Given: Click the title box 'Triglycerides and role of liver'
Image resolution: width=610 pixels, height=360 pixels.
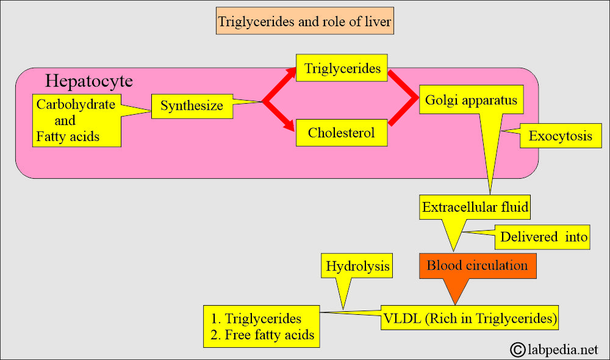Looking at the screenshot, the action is (x=304, y=21).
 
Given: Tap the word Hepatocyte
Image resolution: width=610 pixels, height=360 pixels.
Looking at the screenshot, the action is (x=89, y=81).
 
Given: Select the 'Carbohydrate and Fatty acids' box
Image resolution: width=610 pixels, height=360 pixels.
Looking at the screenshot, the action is (x=77, y=120).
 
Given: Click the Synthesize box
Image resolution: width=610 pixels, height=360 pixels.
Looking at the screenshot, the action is (x=192, y=106).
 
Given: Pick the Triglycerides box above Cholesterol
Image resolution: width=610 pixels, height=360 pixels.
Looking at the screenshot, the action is (x=342, y=68).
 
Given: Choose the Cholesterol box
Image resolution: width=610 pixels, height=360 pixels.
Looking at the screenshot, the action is (x=342, y=133).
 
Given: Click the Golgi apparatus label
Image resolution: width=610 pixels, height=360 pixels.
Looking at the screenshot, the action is (x=471, y=99).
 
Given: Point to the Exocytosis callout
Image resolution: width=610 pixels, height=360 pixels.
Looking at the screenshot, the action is (x=561, y=136).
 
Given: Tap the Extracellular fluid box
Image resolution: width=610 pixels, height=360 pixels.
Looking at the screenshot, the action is (x=475, y=207).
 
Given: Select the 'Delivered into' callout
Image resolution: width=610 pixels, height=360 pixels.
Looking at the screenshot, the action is (x=542, y=237).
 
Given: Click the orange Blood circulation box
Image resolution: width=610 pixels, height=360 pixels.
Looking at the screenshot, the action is (x=478, y=266).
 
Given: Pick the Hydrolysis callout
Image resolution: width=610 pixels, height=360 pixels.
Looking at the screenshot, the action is (x=357, y=266).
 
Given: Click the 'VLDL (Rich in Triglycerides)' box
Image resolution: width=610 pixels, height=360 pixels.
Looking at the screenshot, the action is (x=470, y=317).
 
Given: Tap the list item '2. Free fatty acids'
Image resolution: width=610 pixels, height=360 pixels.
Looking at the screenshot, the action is (x=262, y=335).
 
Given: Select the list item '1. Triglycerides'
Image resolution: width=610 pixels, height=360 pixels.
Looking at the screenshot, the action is (x=256, y=319).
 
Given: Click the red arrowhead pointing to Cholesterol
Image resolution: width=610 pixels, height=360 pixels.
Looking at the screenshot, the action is (x=289, y=125).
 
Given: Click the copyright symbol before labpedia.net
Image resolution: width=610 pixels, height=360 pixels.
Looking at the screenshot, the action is (x=518, y=350).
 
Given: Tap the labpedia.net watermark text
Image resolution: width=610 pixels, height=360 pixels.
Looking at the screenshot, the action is (x=562, y=350).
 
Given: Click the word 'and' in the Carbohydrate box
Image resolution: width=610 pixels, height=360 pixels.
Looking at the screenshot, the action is (x=65, y=121).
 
